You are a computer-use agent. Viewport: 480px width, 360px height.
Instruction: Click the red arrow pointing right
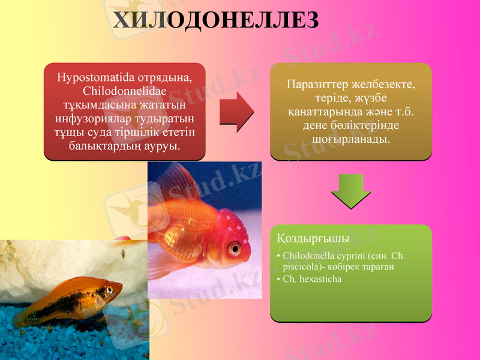(x=237, y=112)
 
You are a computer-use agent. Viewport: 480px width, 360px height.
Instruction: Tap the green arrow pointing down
(x=350, y=190)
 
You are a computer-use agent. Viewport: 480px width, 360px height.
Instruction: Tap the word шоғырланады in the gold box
(x=350, y=139)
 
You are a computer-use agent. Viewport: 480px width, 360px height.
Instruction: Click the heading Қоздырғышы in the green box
(x=313, y=238)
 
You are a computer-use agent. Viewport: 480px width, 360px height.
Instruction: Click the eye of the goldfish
(x=234, y=248)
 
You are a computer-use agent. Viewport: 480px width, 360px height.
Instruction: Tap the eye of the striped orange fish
(x=109, y=290)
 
